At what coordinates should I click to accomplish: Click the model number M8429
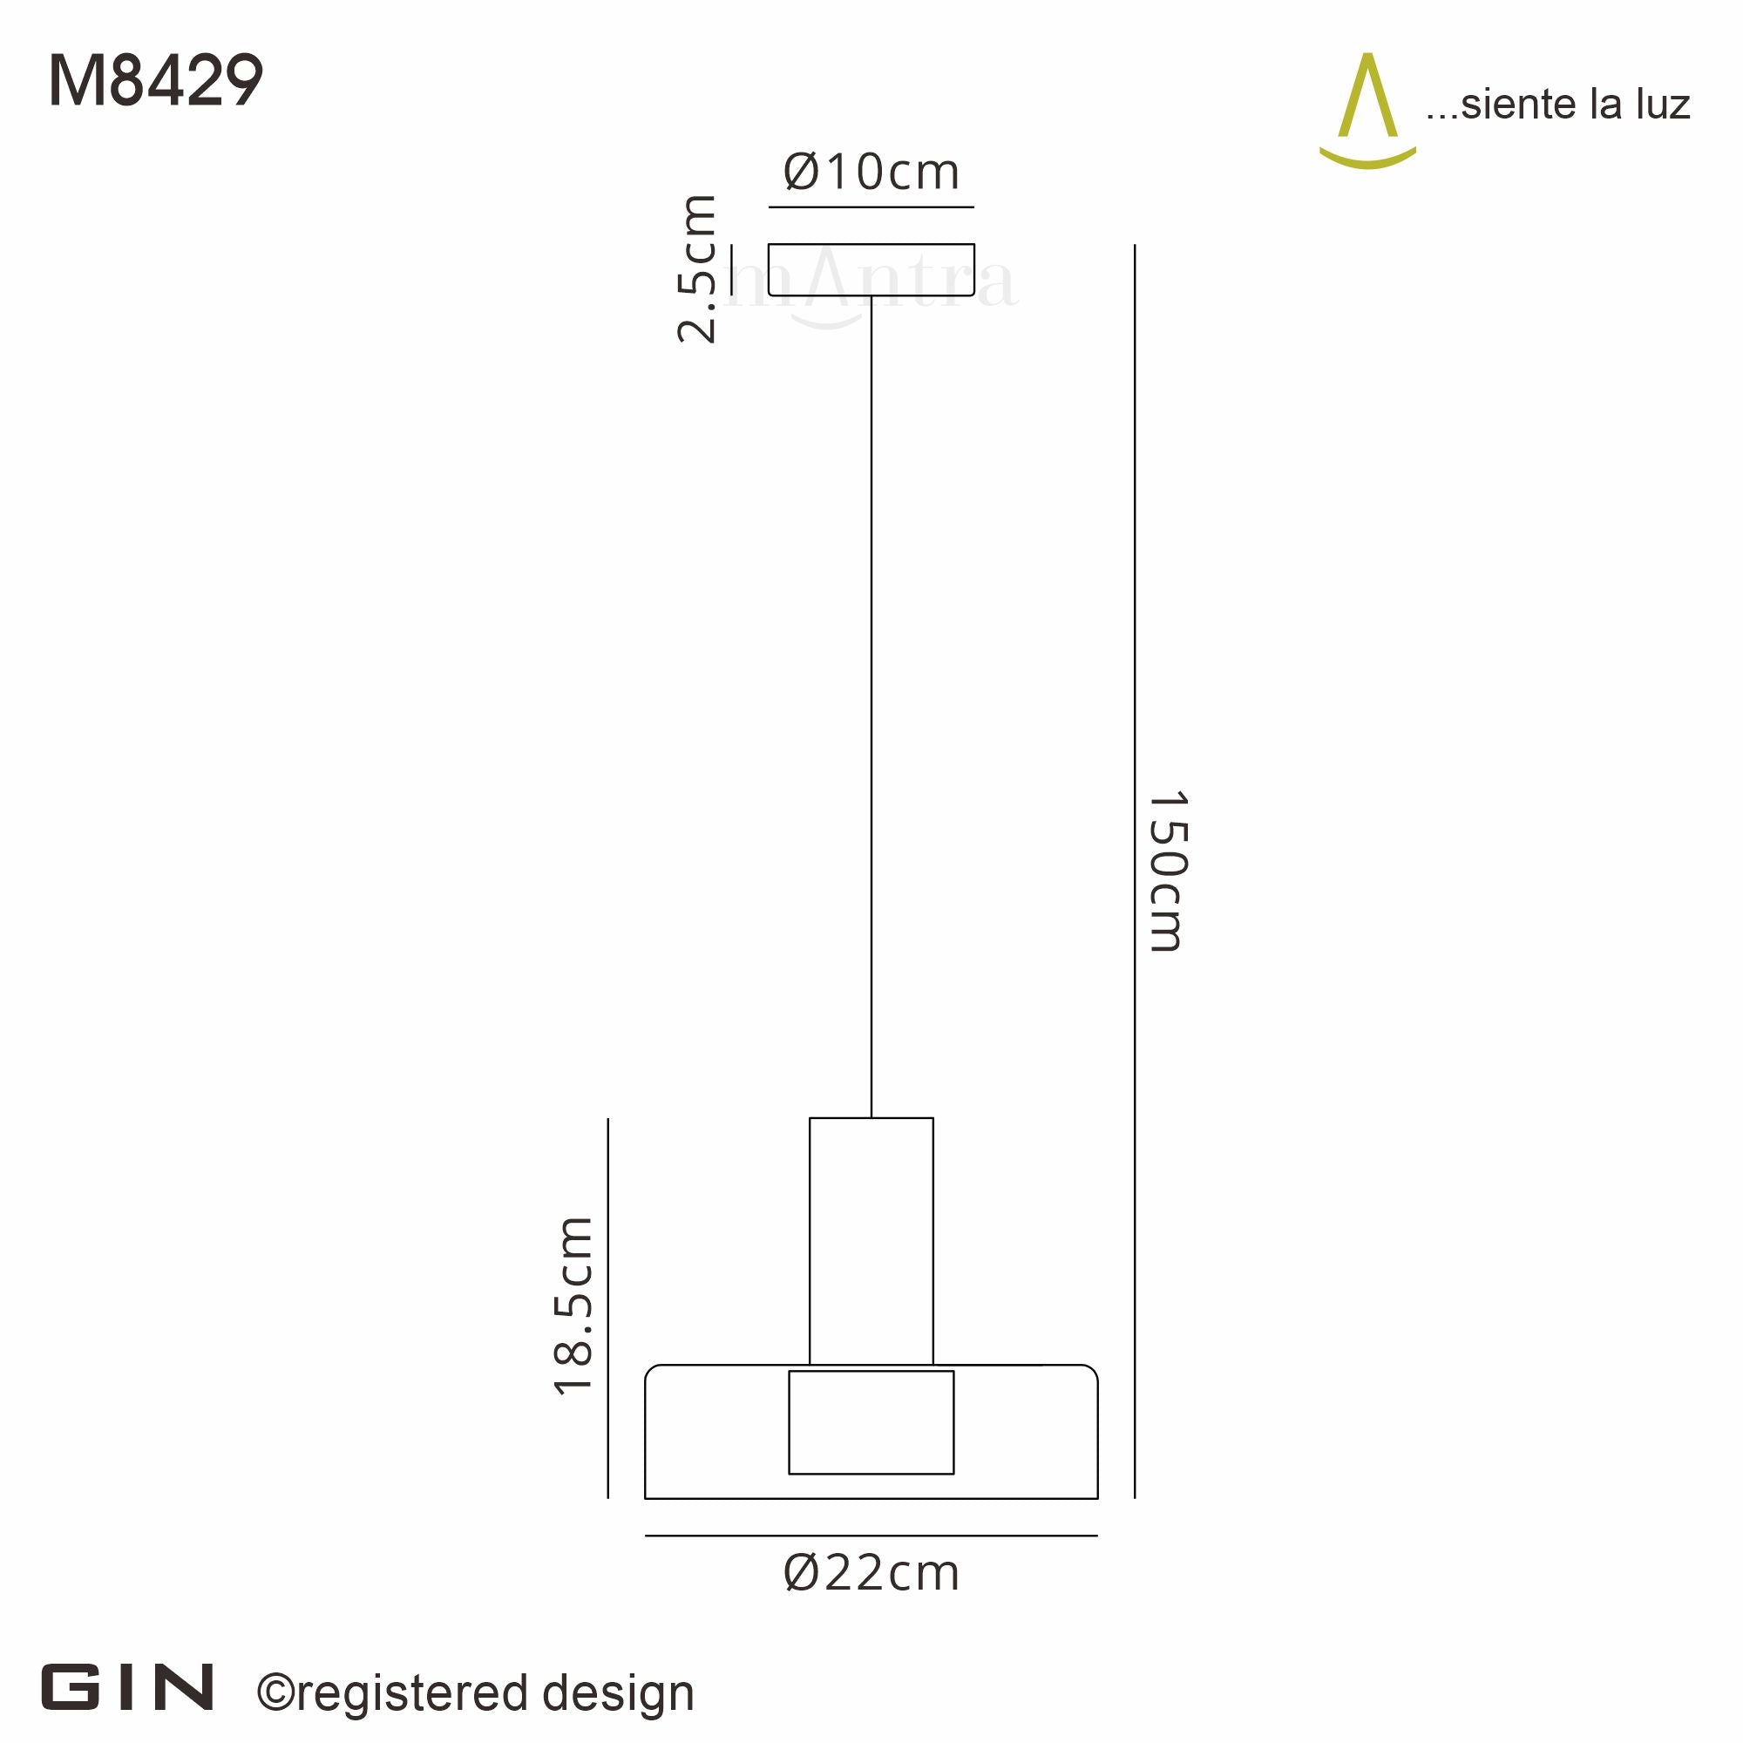(x=155, y=80)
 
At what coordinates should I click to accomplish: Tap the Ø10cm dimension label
(x=871, y=172)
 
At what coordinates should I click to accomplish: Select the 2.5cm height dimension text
(x=697, y=268)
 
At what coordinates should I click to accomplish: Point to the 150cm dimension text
(x=1169, y=871)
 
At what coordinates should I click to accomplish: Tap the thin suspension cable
(x=871, y=707)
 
